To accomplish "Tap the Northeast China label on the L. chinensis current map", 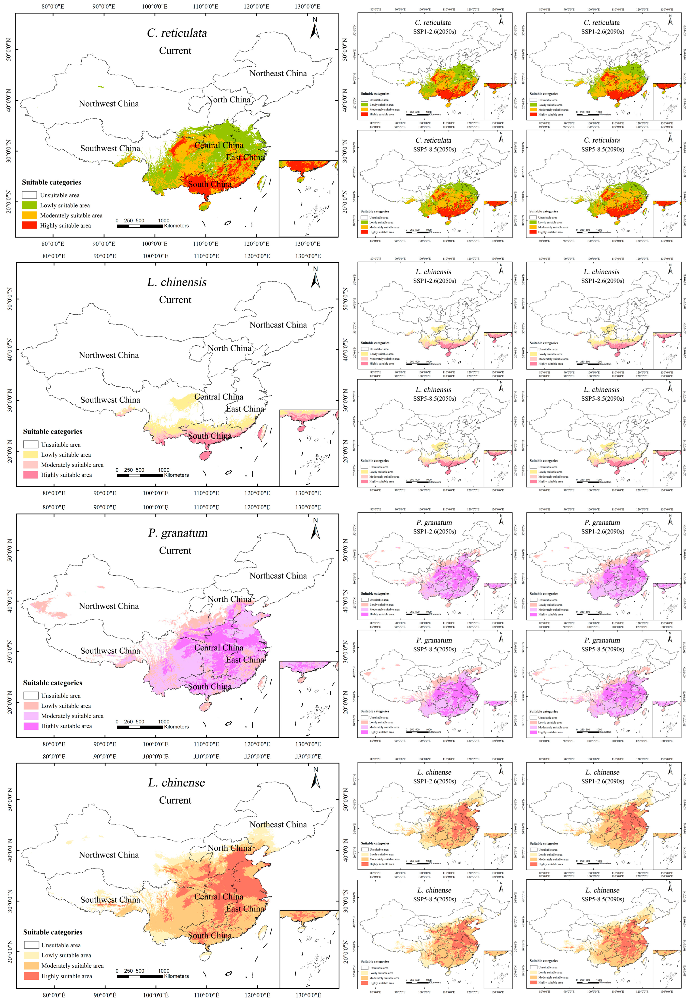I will [278, 325].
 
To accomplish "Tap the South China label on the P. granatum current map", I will [210, 687].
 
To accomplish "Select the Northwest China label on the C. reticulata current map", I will [109, 104].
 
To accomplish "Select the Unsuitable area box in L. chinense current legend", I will [31, 945].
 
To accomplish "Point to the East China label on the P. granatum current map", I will [245, 660].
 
